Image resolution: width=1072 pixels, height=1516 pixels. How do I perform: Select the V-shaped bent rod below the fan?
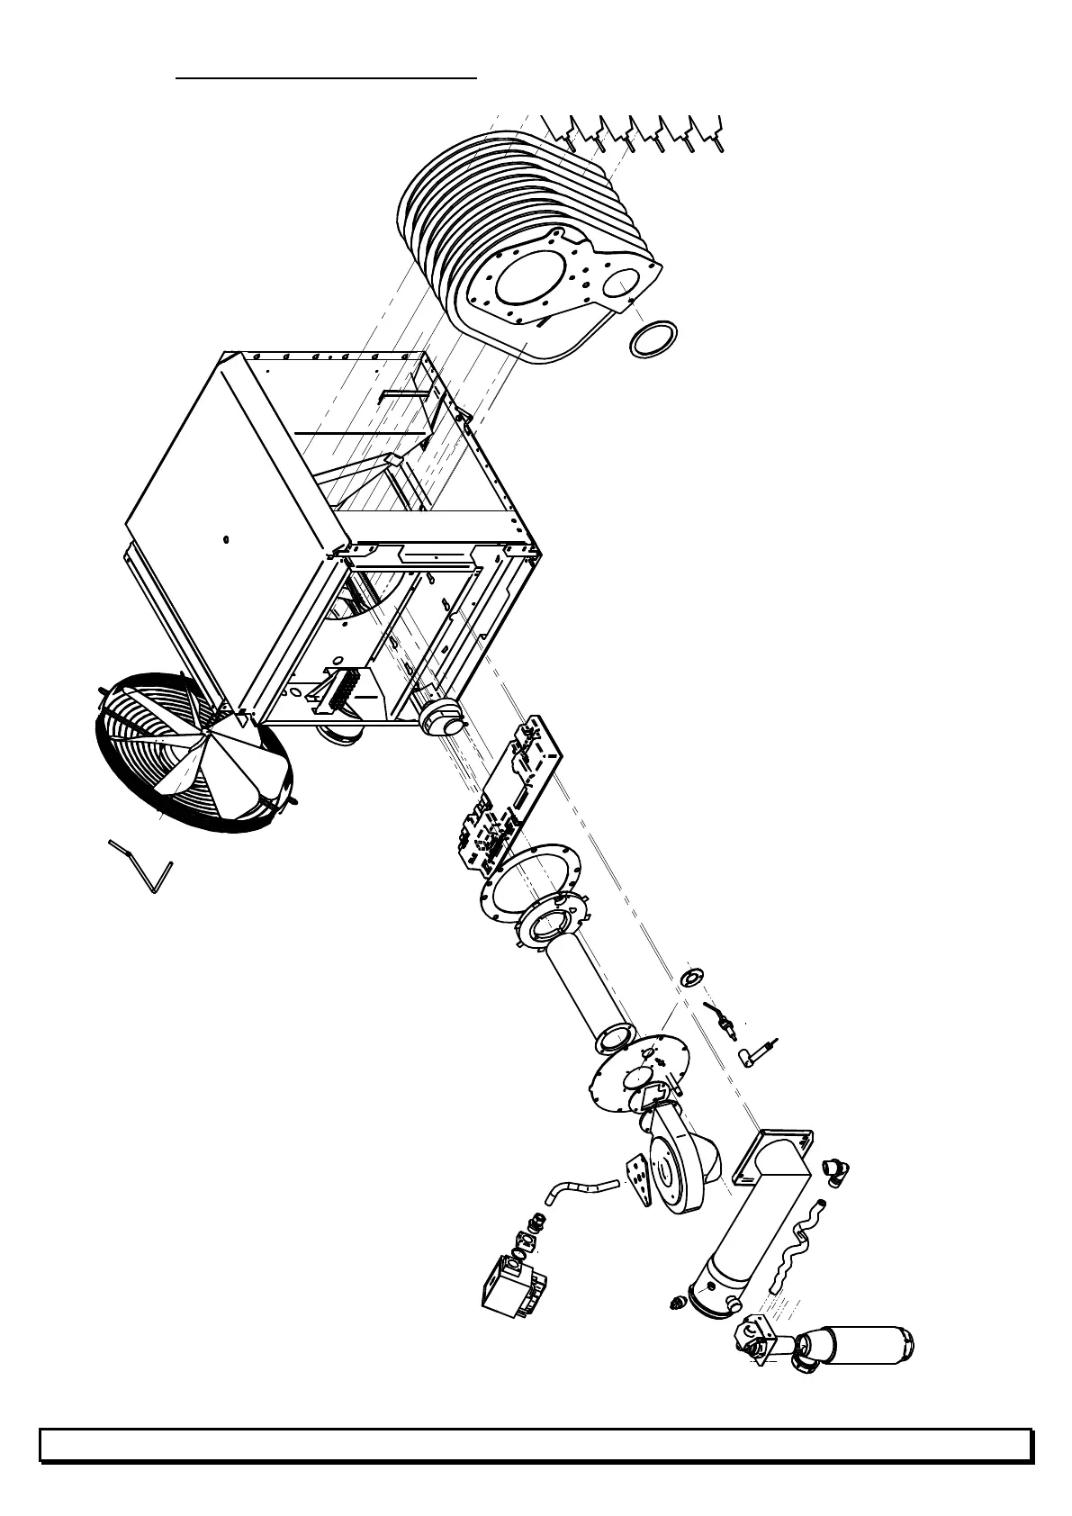[x=141, y=866]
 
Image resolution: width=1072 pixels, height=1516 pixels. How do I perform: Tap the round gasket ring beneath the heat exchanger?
[x=653, y=338]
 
